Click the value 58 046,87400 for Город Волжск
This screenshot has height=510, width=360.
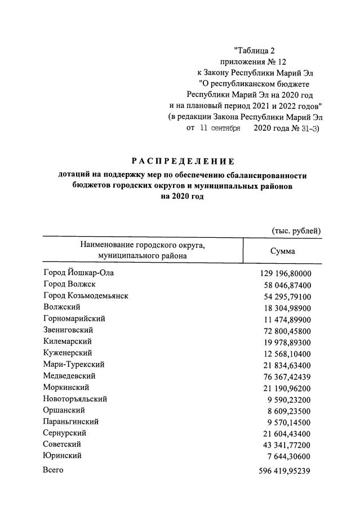pos(286,285)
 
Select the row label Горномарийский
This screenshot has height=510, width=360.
pos(74,318)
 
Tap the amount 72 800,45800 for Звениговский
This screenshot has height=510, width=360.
pos(286,330)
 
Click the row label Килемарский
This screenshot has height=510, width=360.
pos(68,342)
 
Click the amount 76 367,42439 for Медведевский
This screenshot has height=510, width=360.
pos(286,376)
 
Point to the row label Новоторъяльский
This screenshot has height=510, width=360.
pos(75,398)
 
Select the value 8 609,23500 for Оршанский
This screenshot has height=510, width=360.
pos(288,410)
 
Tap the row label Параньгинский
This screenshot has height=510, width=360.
pos(71,422)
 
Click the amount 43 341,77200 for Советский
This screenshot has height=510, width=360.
pos(286,445)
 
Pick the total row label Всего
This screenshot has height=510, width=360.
pos(54,469)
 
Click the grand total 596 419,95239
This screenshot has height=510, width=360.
pos(283,471)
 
